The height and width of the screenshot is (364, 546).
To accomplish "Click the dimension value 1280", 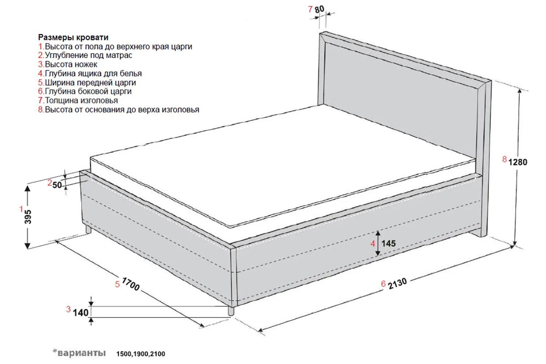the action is tap(518, 162).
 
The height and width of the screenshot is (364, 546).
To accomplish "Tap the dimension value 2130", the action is tap(397, 283).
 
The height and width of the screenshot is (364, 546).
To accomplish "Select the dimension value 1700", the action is tap(130, 284).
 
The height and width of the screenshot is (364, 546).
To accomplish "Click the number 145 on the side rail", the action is tap(388, 243).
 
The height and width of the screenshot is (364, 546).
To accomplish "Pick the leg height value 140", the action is tap(80, 312).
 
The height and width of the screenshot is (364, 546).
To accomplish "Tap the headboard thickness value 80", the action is tap(319, 9).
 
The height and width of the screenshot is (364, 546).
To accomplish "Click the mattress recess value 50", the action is tap(57, 185).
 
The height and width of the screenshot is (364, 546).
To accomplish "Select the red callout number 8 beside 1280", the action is tap(504, 159).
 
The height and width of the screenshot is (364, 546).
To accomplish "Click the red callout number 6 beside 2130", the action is tap(383, 284).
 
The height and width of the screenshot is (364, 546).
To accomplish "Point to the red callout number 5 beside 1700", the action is tap(117, 284).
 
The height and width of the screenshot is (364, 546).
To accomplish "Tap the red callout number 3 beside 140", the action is tap(68, 309).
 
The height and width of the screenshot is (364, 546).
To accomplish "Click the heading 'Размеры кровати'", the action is tap(73, 37).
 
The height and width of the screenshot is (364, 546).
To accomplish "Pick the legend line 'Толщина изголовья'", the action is tap(81, 100).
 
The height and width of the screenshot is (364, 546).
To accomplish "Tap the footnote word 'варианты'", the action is tap(82, 353).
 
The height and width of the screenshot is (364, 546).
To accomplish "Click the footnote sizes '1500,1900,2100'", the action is tap(141, 354).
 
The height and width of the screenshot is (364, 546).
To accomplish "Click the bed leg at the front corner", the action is tap(231, 310).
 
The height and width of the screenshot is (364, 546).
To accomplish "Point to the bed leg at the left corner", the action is tap(88, 229).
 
